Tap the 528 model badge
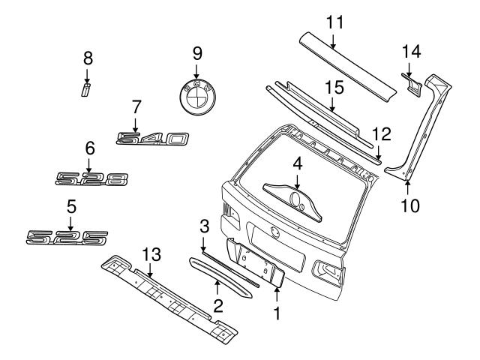[x=93, y=178]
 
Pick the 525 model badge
[x=67, y=237]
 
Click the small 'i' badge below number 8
[x=86, y=90]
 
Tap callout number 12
[x=381, y=134]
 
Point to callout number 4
[x=297, y=162]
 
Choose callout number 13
[x=152, y=255]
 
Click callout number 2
[x=217, y=304]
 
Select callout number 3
[x=203, y=225]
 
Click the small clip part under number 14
[x=411, y=84]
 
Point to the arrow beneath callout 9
[x=196, y=72]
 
